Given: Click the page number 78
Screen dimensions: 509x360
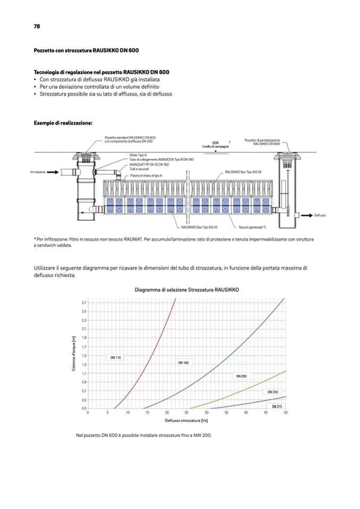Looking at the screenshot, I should pyautogui.click(x=37, y=26).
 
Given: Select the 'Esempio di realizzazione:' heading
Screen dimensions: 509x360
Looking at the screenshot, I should pyautogui.click(x=63, y=123).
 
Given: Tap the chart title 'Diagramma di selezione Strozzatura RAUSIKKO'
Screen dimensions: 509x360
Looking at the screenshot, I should pyautogui.click(x=186, y=290).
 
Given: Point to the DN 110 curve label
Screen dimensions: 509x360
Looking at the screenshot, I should pyautogui.click(x=116, y=358).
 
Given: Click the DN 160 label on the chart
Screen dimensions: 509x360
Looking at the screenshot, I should pyautogui.click(x=183, y=363).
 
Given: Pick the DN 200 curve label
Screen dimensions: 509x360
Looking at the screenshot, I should pyautogui.click(x=241, y=376).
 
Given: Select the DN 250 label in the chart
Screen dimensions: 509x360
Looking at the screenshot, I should pyautogui.click(x=272, y=392).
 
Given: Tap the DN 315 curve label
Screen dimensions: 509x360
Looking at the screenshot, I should pyautogui.click(x=277, y=406).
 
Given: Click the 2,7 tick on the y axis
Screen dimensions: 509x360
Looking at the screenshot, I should pyautogui.click(x=83, y=303).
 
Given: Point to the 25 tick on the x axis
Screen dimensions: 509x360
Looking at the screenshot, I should pyautogui.click(x=186, y=412).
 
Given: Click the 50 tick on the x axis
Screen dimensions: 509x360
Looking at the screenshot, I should pyautogui.click(x=286, y=412).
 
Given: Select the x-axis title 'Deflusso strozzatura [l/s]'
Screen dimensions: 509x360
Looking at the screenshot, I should pyautogui.click(x=186, y=420).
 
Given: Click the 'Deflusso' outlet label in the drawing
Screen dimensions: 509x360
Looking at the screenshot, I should pyautogui.click(x=319, y=215).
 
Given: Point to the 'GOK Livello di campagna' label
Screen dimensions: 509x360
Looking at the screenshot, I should pyautogui.click(x=215, y=144).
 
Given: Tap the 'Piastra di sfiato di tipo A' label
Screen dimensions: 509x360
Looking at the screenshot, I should pyautogui.click(x=146, y=175).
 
